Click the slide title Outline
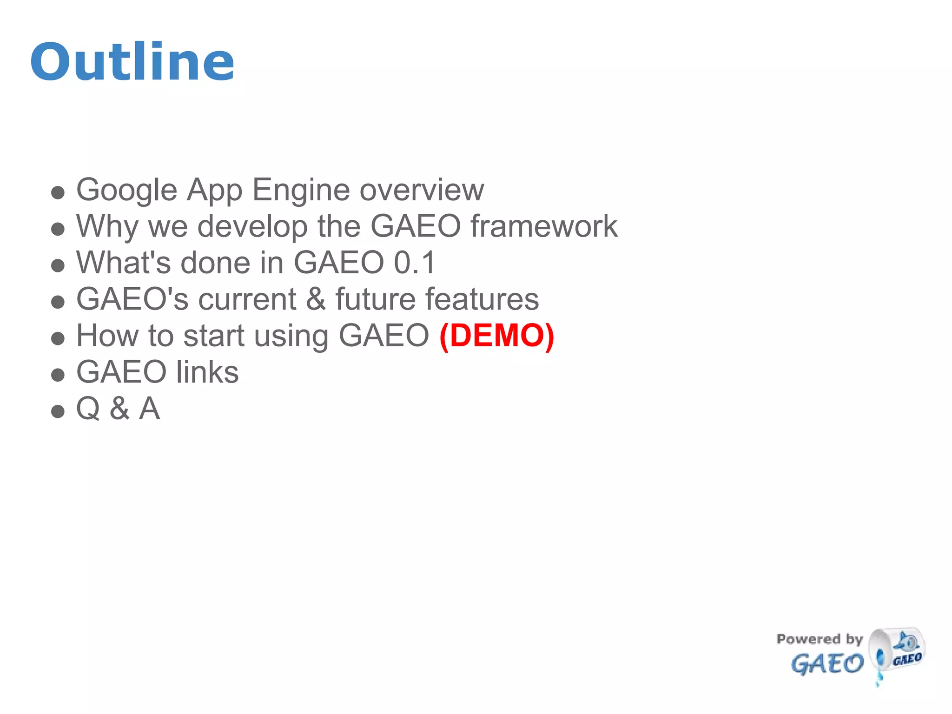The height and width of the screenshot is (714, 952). pos(132,62)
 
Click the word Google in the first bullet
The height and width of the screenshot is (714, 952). pos(126,190)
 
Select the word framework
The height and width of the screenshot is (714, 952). pos(544,226)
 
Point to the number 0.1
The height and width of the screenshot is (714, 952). pos(415,263)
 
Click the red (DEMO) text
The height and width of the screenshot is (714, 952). pos(496,336)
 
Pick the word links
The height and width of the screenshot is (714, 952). pos(207,372)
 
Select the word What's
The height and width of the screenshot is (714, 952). pos(124,263)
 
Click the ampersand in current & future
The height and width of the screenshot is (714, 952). pos(316,299)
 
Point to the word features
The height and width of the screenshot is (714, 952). pos(483,299)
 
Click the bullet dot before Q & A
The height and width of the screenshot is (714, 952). pos(58,411)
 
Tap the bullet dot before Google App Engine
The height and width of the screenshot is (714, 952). pos(58,192)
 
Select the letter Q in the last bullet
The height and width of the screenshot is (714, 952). pos(88,409)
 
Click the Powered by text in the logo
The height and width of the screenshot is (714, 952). pos(819,639)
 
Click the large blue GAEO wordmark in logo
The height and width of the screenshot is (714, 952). pos(827,663)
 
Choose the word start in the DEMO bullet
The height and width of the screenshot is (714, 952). pos(214,336)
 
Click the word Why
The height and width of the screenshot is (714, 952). pos(107,227)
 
